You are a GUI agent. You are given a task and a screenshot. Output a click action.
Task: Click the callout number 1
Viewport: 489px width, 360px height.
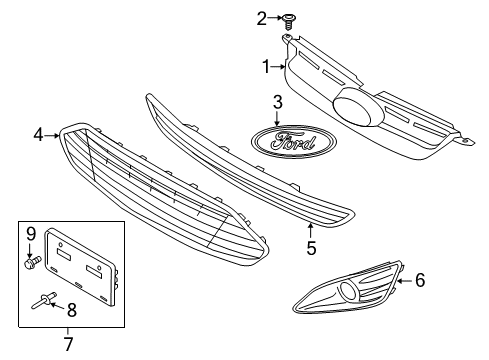(x=266, y=68)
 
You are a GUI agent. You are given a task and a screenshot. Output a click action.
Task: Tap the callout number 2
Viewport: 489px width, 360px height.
(x=261, y=17)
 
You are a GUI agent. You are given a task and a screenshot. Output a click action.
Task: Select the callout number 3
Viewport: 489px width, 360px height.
(x=277, y=102)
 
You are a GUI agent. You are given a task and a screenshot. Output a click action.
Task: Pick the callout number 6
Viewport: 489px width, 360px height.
(x=420, y=281)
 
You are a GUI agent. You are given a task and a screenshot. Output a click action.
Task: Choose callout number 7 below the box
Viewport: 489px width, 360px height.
(x=69, y=345)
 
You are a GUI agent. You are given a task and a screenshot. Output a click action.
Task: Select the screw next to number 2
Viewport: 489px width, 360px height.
(x=288, y=17)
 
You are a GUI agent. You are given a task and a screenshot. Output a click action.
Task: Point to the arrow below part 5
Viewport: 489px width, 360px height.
(x=311, y=227)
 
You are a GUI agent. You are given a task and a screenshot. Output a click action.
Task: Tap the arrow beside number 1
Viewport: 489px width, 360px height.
(x=279, y=68)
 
